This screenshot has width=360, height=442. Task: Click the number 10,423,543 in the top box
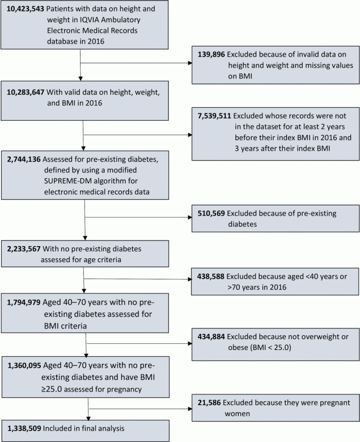tap(24, 10)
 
